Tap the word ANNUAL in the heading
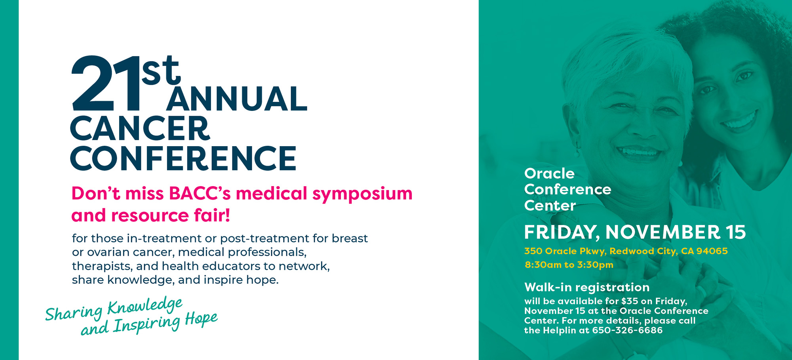pyautogui.click(x=237, y=99)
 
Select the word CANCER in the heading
pyautogui.click(x=140, y=129)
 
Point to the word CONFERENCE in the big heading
pyautogui.click(x=183, y=158)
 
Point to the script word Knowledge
pyautogui.click(x=145, y=306)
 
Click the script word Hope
pyautogui.click(x=201, y=319)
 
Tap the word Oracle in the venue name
pyautogui.click(x=549, y=173)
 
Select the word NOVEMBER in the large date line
pyautogui.click(x=663, y=232)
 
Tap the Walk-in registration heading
pyautogui.click(x=587, y=287)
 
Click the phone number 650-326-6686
pyautogui.click(x=627, y=330)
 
